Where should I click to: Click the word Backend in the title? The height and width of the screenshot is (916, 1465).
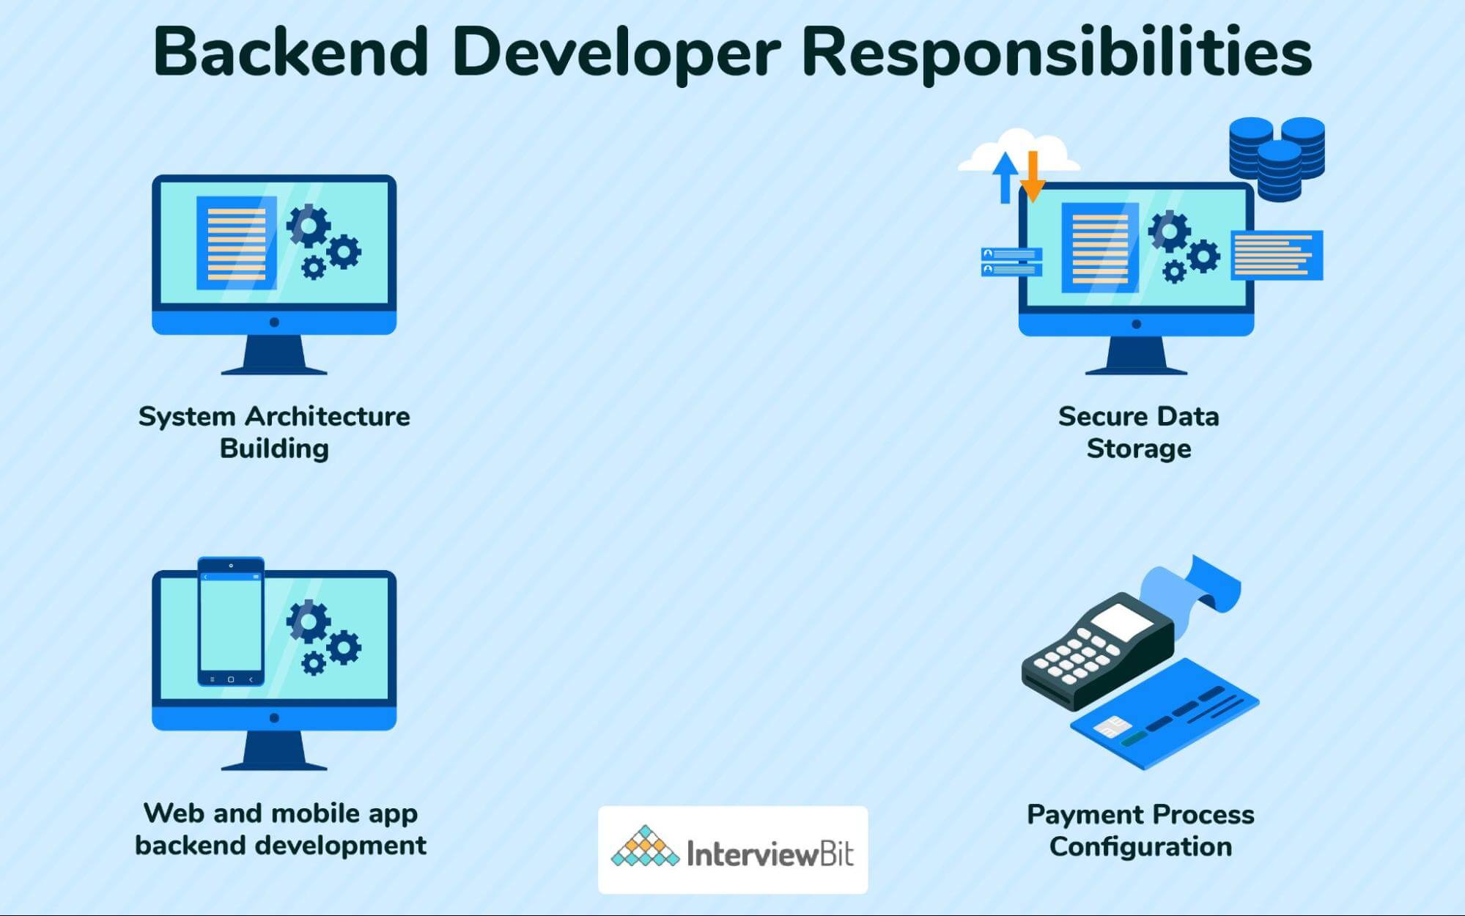coord(290,51)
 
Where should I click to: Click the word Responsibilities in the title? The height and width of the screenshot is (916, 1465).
coord(1057,53)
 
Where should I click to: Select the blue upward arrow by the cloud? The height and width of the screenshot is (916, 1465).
coord(1005,177)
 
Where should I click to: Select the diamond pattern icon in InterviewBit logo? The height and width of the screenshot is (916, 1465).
coord(645,848)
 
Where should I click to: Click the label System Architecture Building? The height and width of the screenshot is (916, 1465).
coord(274,432)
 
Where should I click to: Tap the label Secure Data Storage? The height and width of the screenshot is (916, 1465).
coord(1138,432)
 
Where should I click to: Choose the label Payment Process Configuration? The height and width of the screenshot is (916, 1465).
coord(1140,830)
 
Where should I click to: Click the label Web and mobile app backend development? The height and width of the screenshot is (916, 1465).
coord(280,829)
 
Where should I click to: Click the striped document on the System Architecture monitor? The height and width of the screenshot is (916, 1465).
coord(236,243)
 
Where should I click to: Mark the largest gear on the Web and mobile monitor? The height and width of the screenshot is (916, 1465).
coord(309,621)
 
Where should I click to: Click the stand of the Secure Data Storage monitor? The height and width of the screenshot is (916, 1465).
coord(1136,355)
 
